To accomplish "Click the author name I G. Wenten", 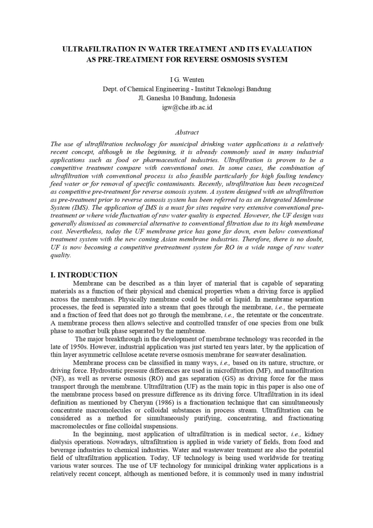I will point(186,79).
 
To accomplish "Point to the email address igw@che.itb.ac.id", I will point(186,107).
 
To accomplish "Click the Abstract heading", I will point(186,132).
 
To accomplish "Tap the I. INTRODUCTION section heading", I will point(84,275).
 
